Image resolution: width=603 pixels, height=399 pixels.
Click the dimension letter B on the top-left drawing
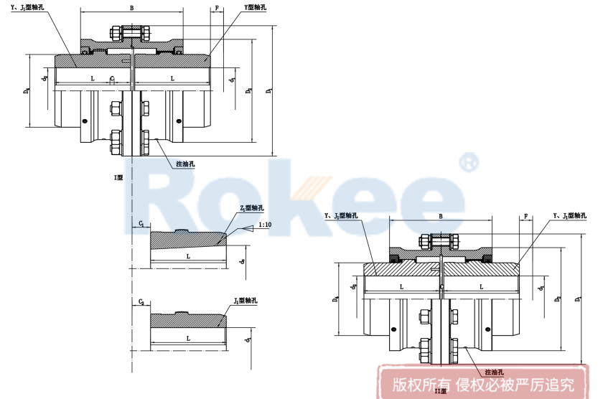click(x=131, y=8)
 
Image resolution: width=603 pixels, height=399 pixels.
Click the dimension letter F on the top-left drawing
click(x=216, y=8)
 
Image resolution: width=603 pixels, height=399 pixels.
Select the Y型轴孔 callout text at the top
click(x=256, y=7)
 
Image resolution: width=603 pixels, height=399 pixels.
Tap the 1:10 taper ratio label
click(x=264, y=225)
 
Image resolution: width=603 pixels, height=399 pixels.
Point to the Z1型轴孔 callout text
click(x=252, y=208)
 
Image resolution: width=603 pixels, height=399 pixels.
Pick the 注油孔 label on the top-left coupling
click(x=185, y=164)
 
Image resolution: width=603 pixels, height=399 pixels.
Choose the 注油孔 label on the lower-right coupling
click(x=494, y=372)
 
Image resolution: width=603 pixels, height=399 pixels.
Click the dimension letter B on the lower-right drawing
click(x=440, y=215)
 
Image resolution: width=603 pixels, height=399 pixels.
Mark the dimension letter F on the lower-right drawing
click(x=526, y=215)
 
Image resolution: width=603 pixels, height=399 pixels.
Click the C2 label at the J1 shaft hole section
click(x=142, y=302)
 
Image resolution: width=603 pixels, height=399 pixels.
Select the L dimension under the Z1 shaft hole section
click(x=188, y=255)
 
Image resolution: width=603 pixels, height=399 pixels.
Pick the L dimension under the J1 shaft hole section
click(x=188, y=337)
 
